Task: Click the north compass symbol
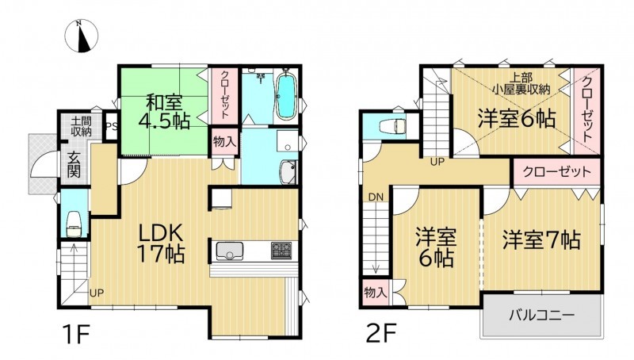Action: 82,36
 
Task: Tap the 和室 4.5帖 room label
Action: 164,111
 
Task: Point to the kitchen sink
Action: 230,251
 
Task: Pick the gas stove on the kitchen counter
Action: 281,251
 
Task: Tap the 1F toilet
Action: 74,224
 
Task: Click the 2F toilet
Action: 392,126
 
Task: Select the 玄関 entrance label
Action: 74,164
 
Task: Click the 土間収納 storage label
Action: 82,126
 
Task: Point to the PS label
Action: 112,126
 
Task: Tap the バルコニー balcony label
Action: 542,315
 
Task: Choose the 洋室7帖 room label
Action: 542,239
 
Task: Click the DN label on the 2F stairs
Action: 376,197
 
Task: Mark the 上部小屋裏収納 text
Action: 521,83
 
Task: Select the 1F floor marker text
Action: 75,333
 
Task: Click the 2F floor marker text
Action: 381,333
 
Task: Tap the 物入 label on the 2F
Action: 376,293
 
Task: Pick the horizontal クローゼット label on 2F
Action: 557,173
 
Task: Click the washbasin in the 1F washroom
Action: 288,172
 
